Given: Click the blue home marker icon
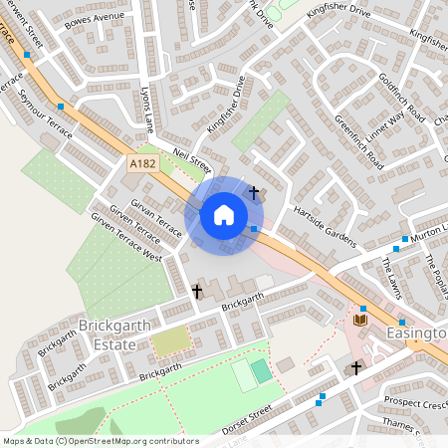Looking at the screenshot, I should pos(224,214).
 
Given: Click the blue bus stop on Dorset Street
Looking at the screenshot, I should pos(321,400).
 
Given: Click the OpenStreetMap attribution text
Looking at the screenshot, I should pos(100,441).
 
